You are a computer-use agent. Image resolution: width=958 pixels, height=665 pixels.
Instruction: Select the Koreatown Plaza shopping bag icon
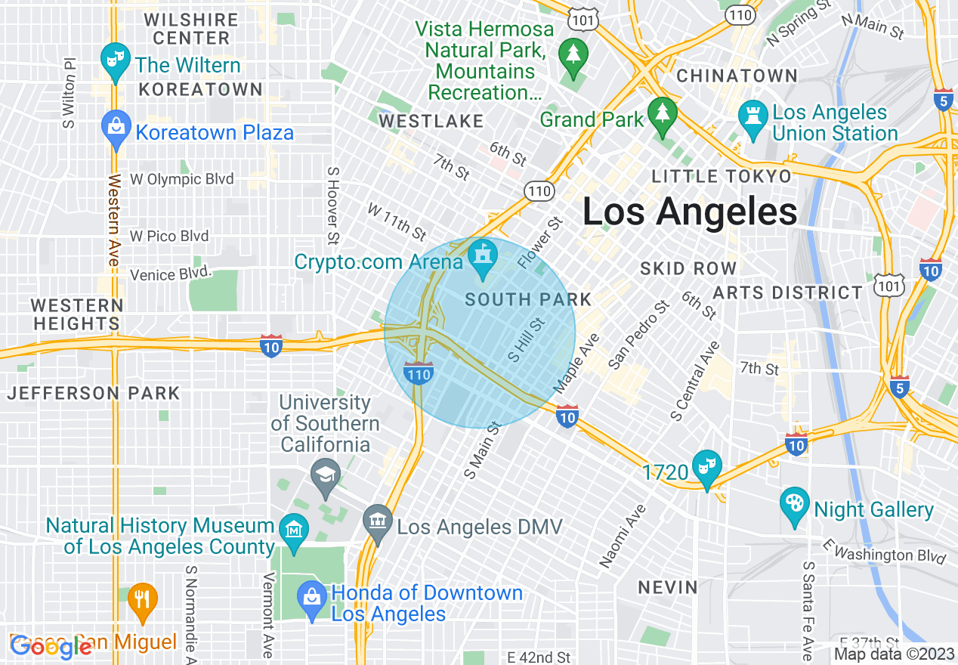point(116,128)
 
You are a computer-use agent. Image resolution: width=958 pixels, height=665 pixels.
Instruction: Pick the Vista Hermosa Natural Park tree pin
point(573,55)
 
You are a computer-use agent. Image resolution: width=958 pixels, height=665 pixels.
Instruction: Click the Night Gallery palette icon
point(794,505)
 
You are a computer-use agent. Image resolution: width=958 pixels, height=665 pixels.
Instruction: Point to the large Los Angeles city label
point(689,212)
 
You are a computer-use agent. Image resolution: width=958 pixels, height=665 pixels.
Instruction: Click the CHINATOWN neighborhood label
point(737,76)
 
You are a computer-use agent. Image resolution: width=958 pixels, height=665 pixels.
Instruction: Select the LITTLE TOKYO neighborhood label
point(722,176)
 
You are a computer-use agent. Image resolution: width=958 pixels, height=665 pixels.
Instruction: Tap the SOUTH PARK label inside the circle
point(528,299)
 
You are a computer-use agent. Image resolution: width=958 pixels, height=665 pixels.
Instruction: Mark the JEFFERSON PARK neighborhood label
point(94,393)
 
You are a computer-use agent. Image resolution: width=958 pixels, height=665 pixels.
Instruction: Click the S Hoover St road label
point(332,206)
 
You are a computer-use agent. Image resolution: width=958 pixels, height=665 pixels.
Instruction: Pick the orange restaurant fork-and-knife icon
point(141,599)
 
